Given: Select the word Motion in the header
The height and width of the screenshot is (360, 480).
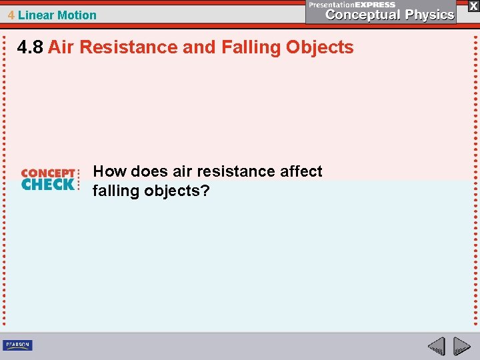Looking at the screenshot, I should click(x=77, y=15).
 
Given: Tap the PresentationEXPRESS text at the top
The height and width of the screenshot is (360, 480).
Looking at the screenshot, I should click(x=352, y=5).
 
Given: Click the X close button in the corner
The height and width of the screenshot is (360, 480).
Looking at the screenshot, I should click(x=473, y=5).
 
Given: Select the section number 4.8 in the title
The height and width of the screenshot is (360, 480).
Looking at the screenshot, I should click(x=31, y=47).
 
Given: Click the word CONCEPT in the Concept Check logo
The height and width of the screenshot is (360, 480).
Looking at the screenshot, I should click(x=49, y=173).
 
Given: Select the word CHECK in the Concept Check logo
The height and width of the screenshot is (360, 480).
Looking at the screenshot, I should click(x=48, y=185).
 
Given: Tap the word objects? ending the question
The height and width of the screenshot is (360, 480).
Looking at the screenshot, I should click(x=179, y=191).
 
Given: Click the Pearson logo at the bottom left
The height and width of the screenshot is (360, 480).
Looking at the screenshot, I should click(x=17, y=345).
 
